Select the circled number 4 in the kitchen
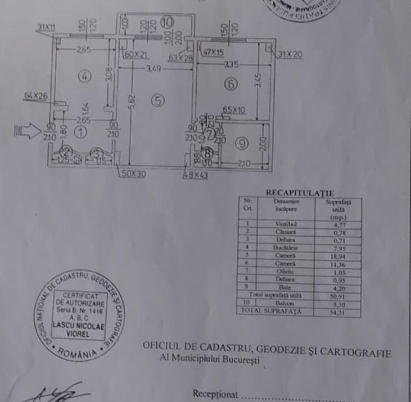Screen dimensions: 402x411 point(84,76)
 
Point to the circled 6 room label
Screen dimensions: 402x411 point(231,84)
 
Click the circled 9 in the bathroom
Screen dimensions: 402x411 point(243,143)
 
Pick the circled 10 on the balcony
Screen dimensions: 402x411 point(167,22)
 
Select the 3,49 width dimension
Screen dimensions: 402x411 point(155,68)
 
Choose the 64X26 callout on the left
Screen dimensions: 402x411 point(36,97)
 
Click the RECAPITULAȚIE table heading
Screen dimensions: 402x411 point(299,193)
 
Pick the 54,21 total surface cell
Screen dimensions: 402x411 point(337,311)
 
